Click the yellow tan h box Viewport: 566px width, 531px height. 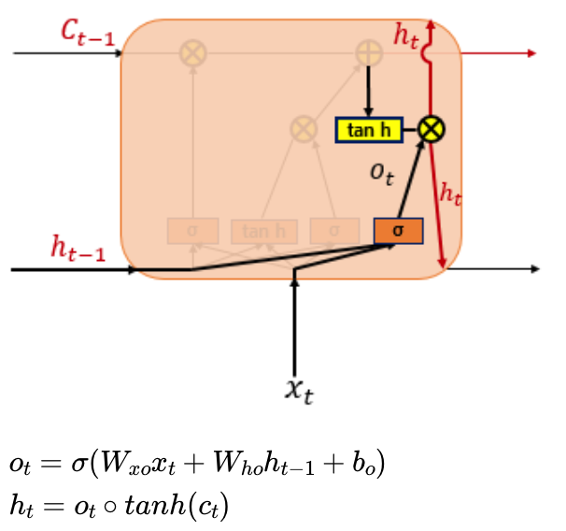[369, 129]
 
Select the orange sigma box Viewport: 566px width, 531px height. [398, 230]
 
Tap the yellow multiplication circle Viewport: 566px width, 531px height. [430, 129]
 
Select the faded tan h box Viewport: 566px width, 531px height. [264, 230]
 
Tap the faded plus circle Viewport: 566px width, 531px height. [369, 53]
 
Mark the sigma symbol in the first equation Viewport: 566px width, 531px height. [76, 464]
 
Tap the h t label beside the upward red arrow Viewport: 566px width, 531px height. [405, 36]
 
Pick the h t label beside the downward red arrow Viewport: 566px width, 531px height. [450, 194]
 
